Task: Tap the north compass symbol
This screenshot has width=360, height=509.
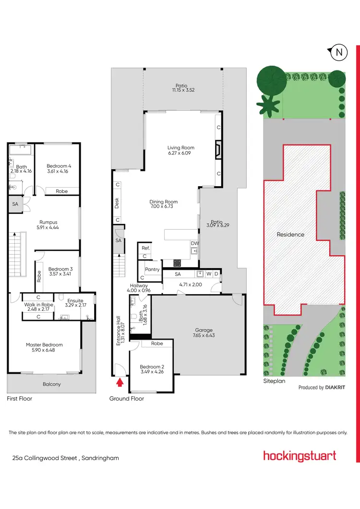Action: click(338, 52)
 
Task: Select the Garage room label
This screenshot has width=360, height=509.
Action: click(204, 330)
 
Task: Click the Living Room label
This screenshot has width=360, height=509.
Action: click(181, 148)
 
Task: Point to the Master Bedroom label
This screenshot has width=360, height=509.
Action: click(44, 344)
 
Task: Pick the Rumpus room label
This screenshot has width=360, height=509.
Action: click(48, 222)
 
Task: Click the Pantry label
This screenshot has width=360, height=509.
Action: click(152, 270)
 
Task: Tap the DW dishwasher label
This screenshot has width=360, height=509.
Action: click(194, 244)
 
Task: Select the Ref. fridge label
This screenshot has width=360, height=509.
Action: click(145, 248)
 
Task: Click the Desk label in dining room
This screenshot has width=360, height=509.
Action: click(117, 203)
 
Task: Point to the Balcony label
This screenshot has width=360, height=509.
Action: click(51, 384)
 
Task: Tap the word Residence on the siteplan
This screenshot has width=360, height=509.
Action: click(290, 235)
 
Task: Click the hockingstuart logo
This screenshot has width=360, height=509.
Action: click(300, 456)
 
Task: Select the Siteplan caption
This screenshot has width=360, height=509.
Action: click(275, 381)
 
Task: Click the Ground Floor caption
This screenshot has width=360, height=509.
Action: click(127, 398)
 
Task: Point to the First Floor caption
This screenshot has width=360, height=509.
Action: click(19, 398)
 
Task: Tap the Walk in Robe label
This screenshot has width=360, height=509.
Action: click(38, 305)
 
